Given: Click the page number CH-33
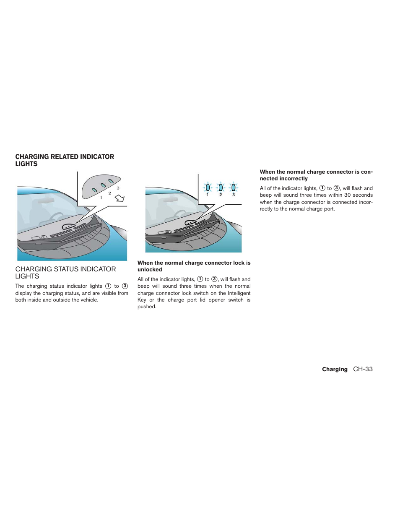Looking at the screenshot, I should click(363, 369).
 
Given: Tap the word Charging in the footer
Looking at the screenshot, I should click(335, 370).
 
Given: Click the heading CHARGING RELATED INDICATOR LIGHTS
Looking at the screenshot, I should click(65, 160).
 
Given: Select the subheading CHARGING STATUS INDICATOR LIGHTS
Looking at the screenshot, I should click(65, 273).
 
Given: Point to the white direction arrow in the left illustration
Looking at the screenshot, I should click(119, 198).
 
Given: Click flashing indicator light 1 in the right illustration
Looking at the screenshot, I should click(208, 187).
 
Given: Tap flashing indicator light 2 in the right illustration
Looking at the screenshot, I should click(221, 187).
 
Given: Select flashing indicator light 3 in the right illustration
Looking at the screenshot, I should click(234, 187).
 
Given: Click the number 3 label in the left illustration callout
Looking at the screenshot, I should click(118, 188).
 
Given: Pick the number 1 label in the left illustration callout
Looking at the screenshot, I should click(101, 198).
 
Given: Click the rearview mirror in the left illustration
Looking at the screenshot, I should click(40, 202).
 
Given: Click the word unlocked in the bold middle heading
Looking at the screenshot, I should click(150, 270).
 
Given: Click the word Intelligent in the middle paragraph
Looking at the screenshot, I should click(239, 293).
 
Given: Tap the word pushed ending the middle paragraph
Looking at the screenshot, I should click(146, 307).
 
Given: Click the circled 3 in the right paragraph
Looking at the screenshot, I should click(336, 188).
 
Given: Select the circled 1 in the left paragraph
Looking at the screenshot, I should click(108, 286).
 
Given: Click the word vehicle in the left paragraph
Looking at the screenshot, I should click(88, 300).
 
